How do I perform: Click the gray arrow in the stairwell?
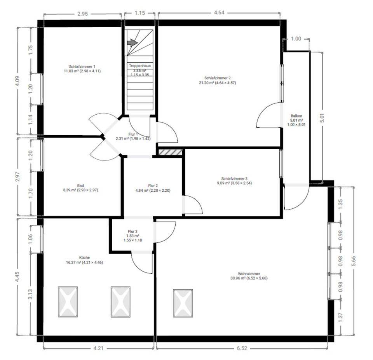[x=132, y=43]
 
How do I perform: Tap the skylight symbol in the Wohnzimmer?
[x=183, y=303]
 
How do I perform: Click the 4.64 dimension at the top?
[x=219, y=12]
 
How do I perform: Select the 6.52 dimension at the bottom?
[x=242, y=348]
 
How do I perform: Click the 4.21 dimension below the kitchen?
[x=98, y=348]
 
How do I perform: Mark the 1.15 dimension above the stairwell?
[x=139, y=13]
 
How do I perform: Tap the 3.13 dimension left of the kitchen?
[x=30, y=294]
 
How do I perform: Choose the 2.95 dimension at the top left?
[x=82, y=14]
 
